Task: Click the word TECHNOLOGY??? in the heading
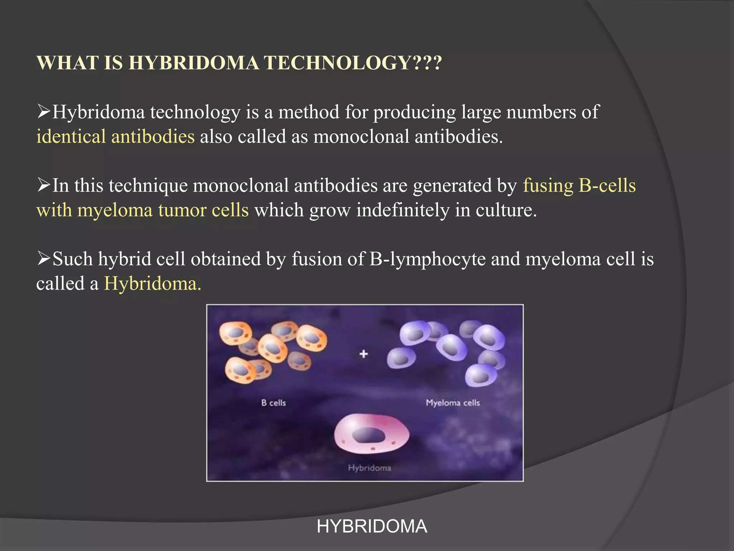[353, 63]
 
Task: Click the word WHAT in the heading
[68, 63]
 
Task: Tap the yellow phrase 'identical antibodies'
[115, 137]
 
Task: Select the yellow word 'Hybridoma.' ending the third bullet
[153, 283]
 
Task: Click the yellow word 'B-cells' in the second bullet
[607, 185]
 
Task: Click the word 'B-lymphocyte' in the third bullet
[427, 259]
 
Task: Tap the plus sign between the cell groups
[364, 354]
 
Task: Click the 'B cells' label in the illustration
[273, 403]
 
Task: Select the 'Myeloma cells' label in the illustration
[453, 403]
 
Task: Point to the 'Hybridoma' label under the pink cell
[369, 468]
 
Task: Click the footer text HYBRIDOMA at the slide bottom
[372, 527]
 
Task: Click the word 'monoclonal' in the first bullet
[361, 137]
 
